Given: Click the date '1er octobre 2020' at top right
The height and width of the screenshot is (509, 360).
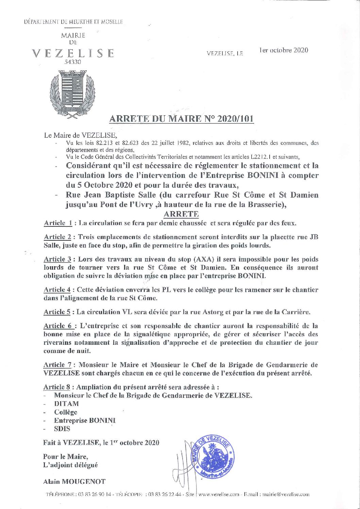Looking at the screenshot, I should pyautogui.click(x=284, y=50).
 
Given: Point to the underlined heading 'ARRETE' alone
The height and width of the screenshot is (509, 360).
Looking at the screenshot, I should pyautogui.click(x=181, y=214).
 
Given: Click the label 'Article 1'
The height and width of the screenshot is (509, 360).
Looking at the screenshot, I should pyautogui.click(x=58, y=223).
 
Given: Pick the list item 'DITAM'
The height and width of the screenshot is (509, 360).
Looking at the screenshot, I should pyautogui.click(x=66, y=404).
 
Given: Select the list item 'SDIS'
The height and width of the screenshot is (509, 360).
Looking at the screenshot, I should pyautogui.click(x=62, y=429).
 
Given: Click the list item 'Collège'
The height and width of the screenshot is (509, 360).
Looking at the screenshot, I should pyautogui.click(x=66, y=412).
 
